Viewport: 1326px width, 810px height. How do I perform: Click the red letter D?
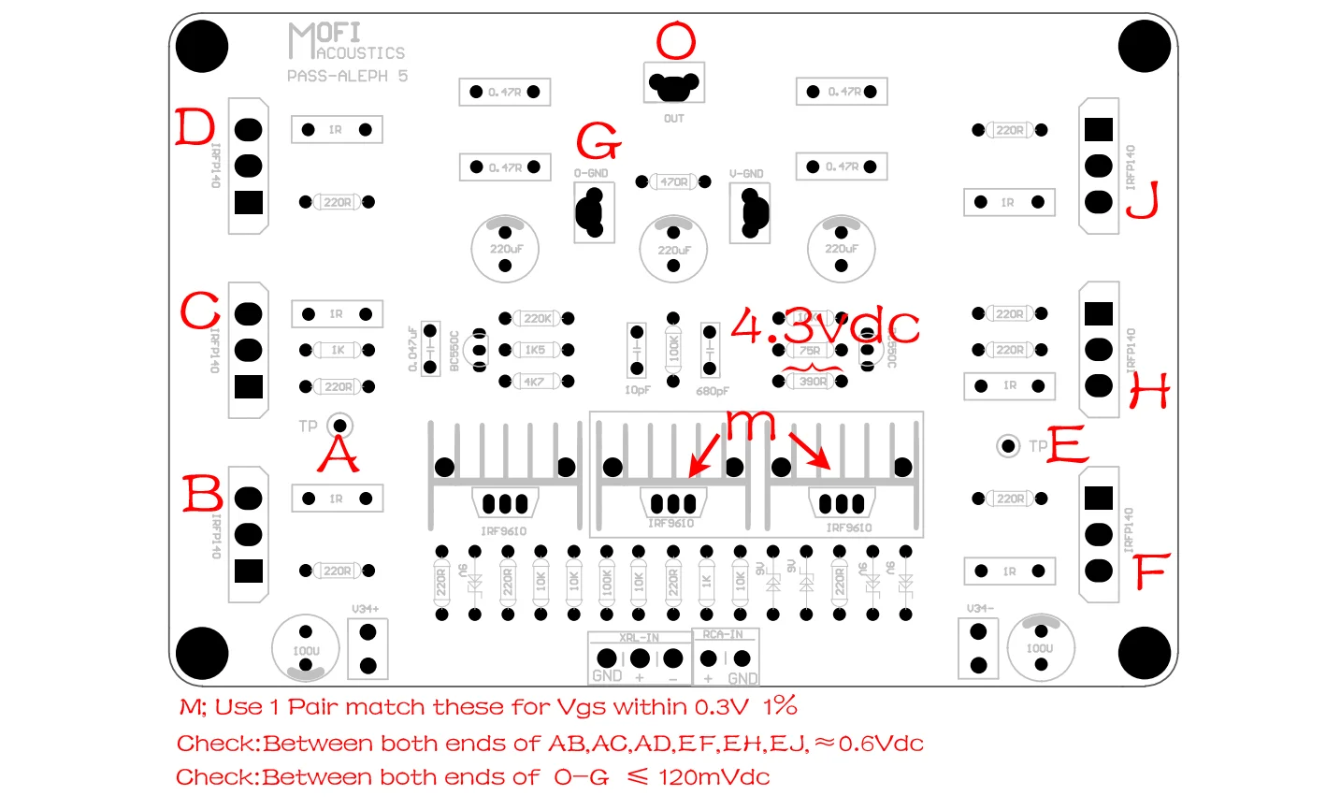pos(195,127)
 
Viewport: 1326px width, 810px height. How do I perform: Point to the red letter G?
pos(598,141)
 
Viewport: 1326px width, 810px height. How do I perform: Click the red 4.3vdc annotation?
pos(825,326)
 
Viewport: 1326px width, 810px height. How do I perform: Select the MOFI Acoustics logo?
pos(345,43)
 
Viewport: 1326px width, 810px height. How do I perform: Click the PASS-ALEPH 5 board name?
pos(347,76)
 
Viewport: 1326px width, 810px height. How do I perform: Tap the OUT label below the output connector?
pos(673,119)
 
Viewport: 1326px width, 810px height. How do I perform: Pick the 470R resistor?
pos(673,181)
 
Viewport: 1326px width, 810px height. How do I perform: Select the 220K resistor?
pos(537,319)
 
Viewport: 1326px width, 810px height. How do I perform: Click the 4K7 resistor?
pos(534,382)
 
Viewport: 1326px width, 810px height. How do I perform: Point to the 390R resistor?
pos(813,382)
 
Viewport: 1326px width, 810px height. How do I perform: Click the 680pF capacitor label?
pos(713,392)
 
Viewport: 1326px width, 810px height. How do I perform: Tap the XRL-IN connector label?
pos(639,638)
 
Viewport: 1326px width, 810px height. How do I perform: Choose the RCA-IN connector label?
pos(724,635)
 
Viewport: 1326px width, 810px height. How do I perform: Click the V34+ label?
pos(366,609)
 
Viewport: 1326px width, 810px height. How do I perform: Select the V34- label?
pos(979,609)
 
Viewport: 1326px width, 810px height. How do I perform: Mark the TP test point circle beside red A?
pos(340,427)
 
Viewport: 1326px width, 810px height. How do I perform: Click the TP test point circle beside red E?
pos(1007,446)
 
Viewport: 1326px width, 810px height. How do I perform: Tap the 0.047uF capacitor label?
pos(412,349)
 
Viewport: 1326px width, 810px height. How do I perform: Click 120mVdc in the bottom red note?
pos(713,777)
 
